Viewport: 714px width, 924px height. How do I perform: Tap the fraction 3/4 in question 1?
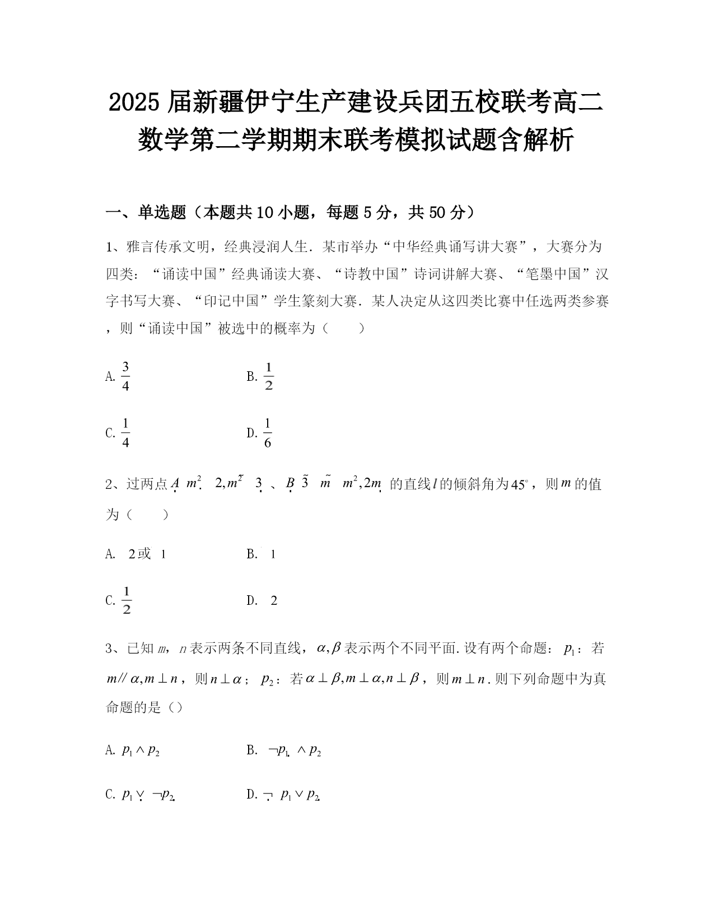click(x=125, y=376)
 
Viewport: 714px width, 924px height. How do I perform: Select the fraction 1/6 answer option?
click(x=267, y=433)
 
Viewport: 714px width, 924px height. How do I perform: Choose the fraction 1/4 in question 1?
click(x=125, y=433)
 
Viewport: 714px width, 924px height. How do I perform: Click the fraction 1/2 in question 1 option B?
click(x=268, y=376)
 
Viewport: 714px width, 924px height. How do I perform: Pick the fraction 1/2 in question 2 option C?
click(x=126, y=600)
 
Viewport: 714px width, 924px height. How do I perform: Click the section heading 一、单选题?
click(x=146, y=212)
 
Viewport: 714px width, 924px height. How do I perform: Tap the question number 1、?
click(x=114, y=246)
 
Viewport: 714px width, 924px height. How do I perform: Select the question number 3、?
click(x=114, y=649)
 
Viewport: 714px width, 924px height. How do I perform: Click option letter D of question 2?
click(x=251, y=601)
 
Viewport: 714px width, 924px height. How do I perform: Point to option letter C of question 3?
click(x=110, y=795)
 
